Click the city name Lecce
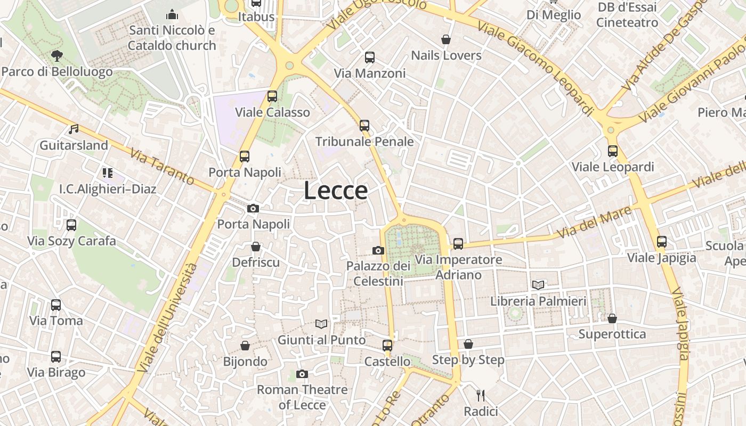tap(336, 191)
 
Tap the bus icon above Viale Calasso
tap(272, 96)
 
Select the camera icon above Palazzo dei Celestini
tap(378, 250)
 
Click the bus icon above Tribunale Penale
tap(364, 126)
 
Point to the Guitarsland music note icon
tap(74, 129)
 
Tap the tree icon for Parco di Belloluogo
tap(56, 55)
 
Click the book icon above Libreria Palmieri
tap(538, 285)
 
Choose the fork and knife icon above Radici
tap(481, 395)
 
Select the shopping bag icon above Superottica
tap(612, 318)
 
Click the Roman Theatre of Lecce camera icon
tap(302, 374)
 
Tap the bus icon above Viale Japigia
tap(662, 242)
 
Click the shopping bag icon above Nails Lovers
tap(446, 39)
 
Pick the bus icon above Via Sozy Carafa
tap(71, 225)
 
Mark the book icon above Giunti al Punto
tap(321, 324)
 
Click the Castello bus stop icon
tap(387, 346)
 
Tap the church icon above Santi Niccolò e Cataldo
tap(172, 14)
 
